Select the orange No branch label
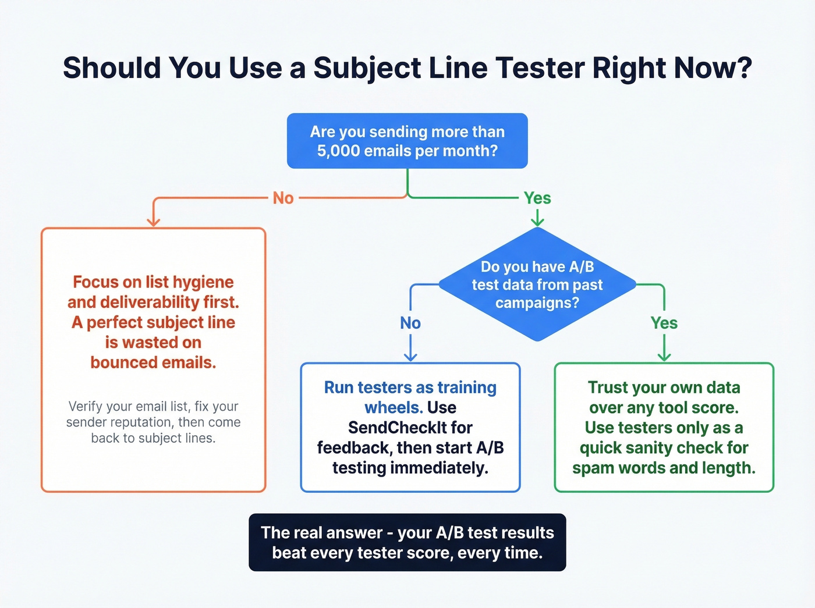[x=284, y=198]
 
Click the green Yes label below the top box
[x=537, y=198]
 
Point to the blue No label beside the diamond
[x=410, y=323]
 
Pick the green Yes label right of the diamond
[x=664, y=323]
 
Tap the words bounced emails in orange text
[x=153, y=362]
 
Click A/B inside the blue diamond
[x=581, y=267]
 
